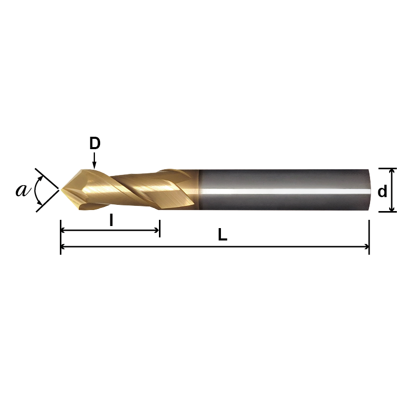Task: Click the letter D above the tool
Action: (94, 143)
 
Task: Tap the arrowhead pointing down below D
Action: (94, 165)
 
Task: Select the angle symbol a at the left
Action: (22, 190)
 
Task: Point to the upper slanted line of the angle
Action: (47, 179)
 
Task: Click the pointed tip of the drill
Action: (62, 190)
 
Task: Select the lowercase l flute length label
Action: (111, 221)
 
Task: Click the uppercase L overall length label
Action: (222, 235)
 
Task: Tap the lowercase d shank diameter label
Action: (382, 192)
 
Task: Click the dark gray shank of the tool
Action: (284, 178)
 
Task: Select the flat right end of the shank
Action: (368, 189)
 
